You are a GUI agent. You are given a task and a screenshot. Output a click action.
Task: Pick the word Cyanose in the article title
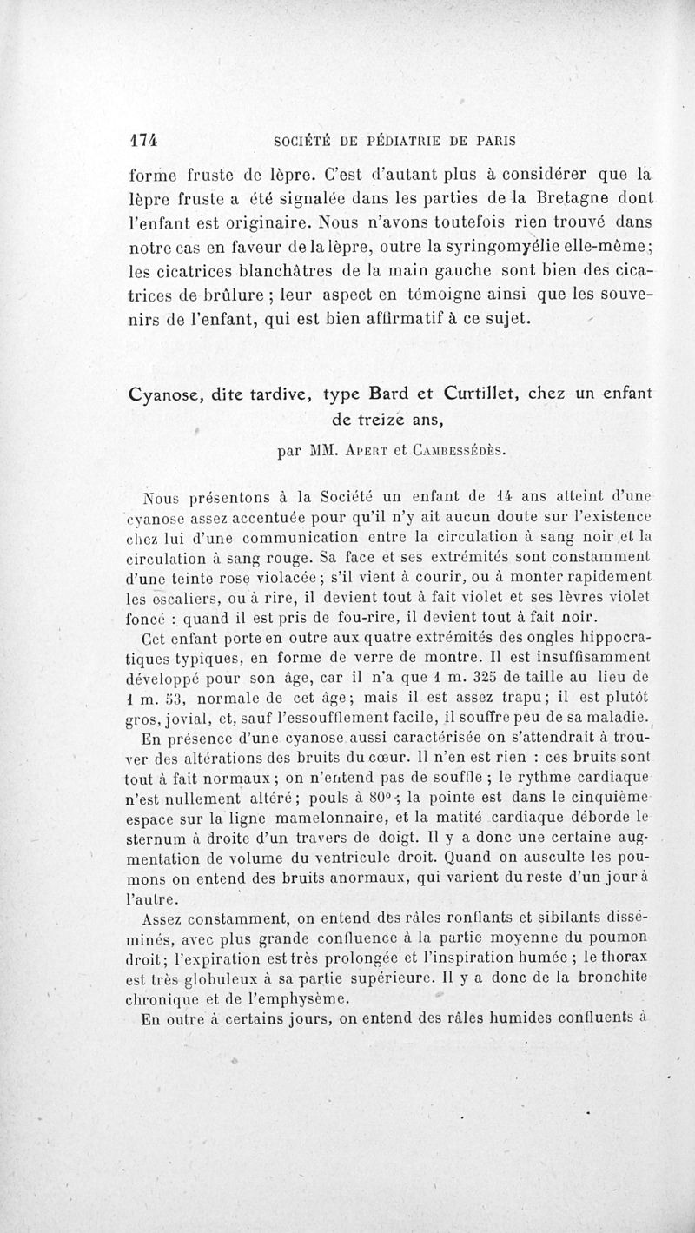click(167, 394)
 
